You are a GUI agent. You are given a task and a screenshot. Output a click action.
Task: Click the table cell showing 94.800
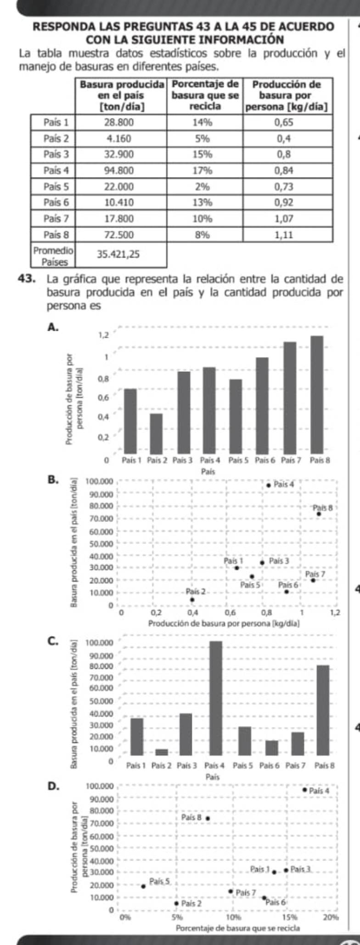pos(119,171)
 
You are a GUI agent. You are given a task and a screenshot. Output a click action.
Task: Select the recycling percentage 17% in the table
pos(202,171)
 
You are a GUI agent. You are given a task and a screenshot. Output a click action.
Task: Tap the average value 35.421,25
pos(118,254)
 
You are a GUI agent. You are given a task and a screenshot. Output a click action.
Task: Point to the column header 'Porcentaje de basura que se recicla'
pos(205,95)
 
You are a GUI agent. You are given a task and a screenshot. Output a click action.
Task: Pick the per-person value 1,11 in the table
pos(284,235)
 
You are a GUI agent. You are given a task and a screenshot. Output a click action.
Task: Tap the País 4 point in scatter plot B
pos(268,485)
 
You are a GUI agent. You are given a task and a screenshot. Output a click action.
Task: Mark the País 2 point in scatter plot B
pos(192,599)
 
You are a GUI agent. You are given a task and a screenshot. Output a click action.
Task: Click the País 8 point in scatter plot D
pos(208,818)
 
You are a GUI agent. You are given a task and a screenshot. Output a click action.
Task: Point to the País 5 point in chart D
pos(143,886)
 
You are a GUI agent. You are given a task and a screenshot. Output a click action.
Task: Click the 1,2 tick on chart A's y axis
pos(104,335)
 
